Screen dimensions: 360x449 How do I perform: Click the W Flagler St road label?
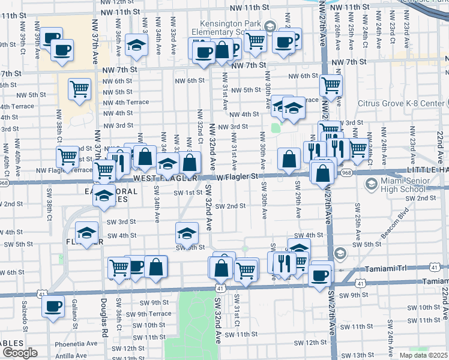click(x=237, y=176)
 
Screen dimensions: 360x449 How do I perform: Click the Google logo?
click(x=20, y=353)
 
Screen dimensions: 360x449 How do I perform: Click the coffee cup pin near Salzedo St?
click(x=53, y=307)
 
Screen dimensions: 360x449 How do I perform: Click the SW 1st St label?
click(x=188, y=193)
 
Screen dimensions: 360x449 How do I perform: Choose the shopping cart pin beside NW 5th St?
click(x=79, y=89)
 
